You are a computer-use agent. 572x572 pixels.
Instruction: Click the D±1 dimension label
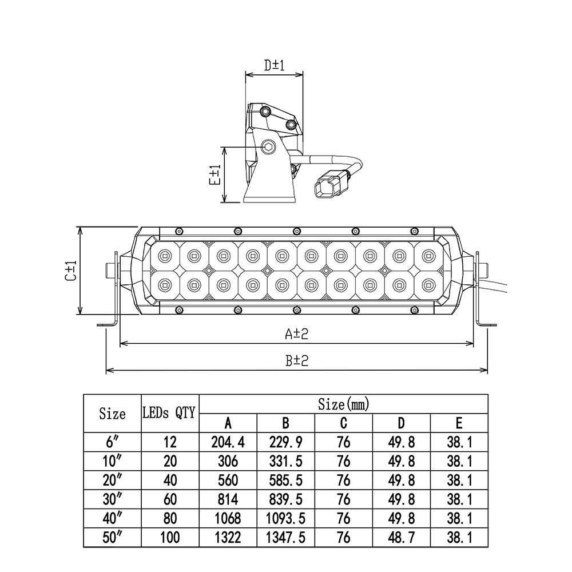point(275,65)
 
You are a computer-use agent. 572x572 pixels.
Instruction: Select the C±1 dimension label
point(71,271)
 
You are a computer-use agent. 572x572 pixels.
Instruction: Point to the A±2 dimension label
point(296,333)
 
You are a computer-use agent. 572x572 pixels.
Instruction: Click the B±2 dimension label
point(296,360)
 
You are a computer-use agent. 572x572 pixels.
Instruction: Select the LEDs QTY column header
point(169,413)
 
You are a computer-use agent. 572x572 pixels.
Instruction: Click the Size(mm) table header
point(344,404)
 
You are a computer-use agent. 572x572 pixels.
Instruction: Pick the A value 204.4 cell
point(228,443)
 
